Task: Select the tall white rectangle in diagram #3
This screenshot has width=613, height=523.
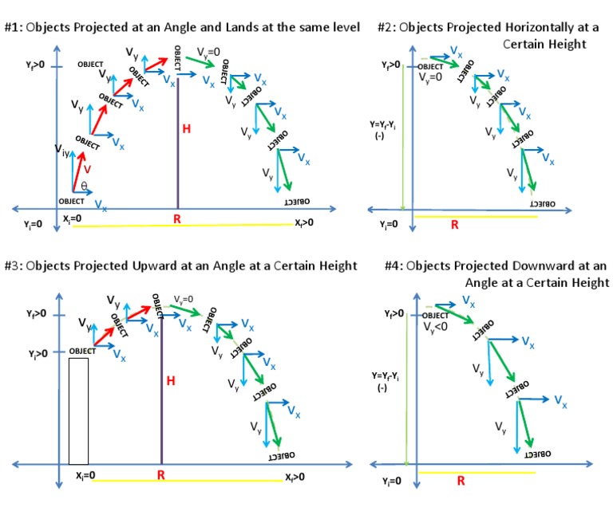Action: point(78,411)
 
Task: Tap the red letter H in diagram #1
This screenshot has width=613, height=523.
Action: point(186,128)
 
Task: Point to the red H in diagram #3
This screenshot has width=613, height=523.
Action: point(170,381)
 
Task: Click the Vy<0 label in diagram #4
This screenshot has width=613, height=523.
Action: point(435,327)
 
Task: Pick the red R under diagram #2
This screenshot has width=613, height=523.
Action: point(455,225)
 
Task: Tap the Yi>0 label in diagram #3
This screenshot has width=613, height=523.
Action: point(37,352)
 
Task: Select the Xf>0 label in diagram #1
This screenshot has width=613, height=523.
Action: point(303,223)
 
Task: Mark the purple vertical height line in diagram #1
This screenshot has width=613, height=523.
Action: point(176,144)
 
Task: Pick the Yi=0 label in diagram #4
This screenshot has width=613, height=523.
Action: point(391,481)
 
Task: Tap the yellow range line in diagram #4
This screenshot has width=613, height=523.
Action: point(477,472)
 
